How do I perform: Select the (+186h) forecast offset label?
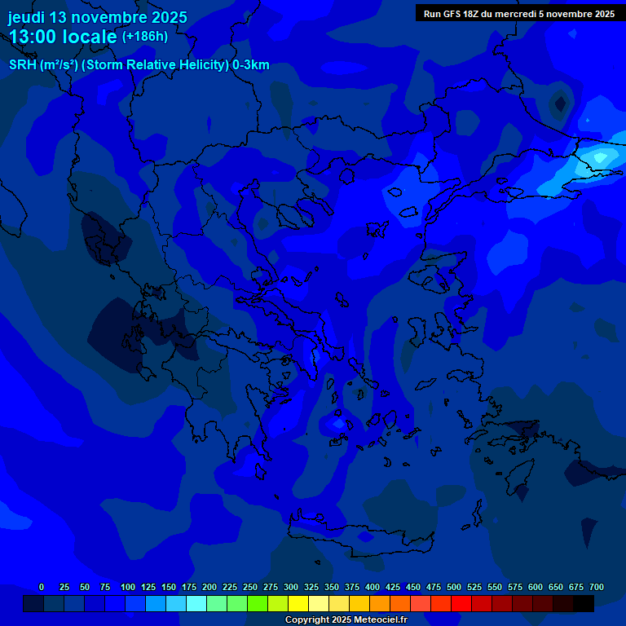[x=145, y=37]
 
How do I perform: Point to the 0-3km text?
[x=251, y=65]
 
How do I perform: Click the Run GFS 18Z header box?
[x=518, y=13]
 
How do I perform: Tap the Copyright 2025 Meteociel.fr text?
[x=346, y=620]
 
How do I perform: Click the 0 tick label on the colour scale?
[x=42, y=587]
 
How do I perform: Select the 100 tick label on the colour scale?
[x=128, y=587]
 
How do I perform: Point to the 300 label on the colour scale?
[x=291, y=587]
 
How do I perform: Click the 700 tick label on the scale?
[x=597, y=587]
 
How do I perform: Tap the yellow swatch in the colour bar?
[x=298, y=603]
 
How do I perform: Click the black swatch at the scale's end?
[x=584, y=603]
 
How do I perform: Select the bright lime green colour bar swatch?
[x=258, y=603]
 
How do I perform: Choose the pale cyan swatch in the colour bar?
[x=196, y=603]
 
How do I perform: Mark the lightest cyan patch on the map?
[x=601, y=156]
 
